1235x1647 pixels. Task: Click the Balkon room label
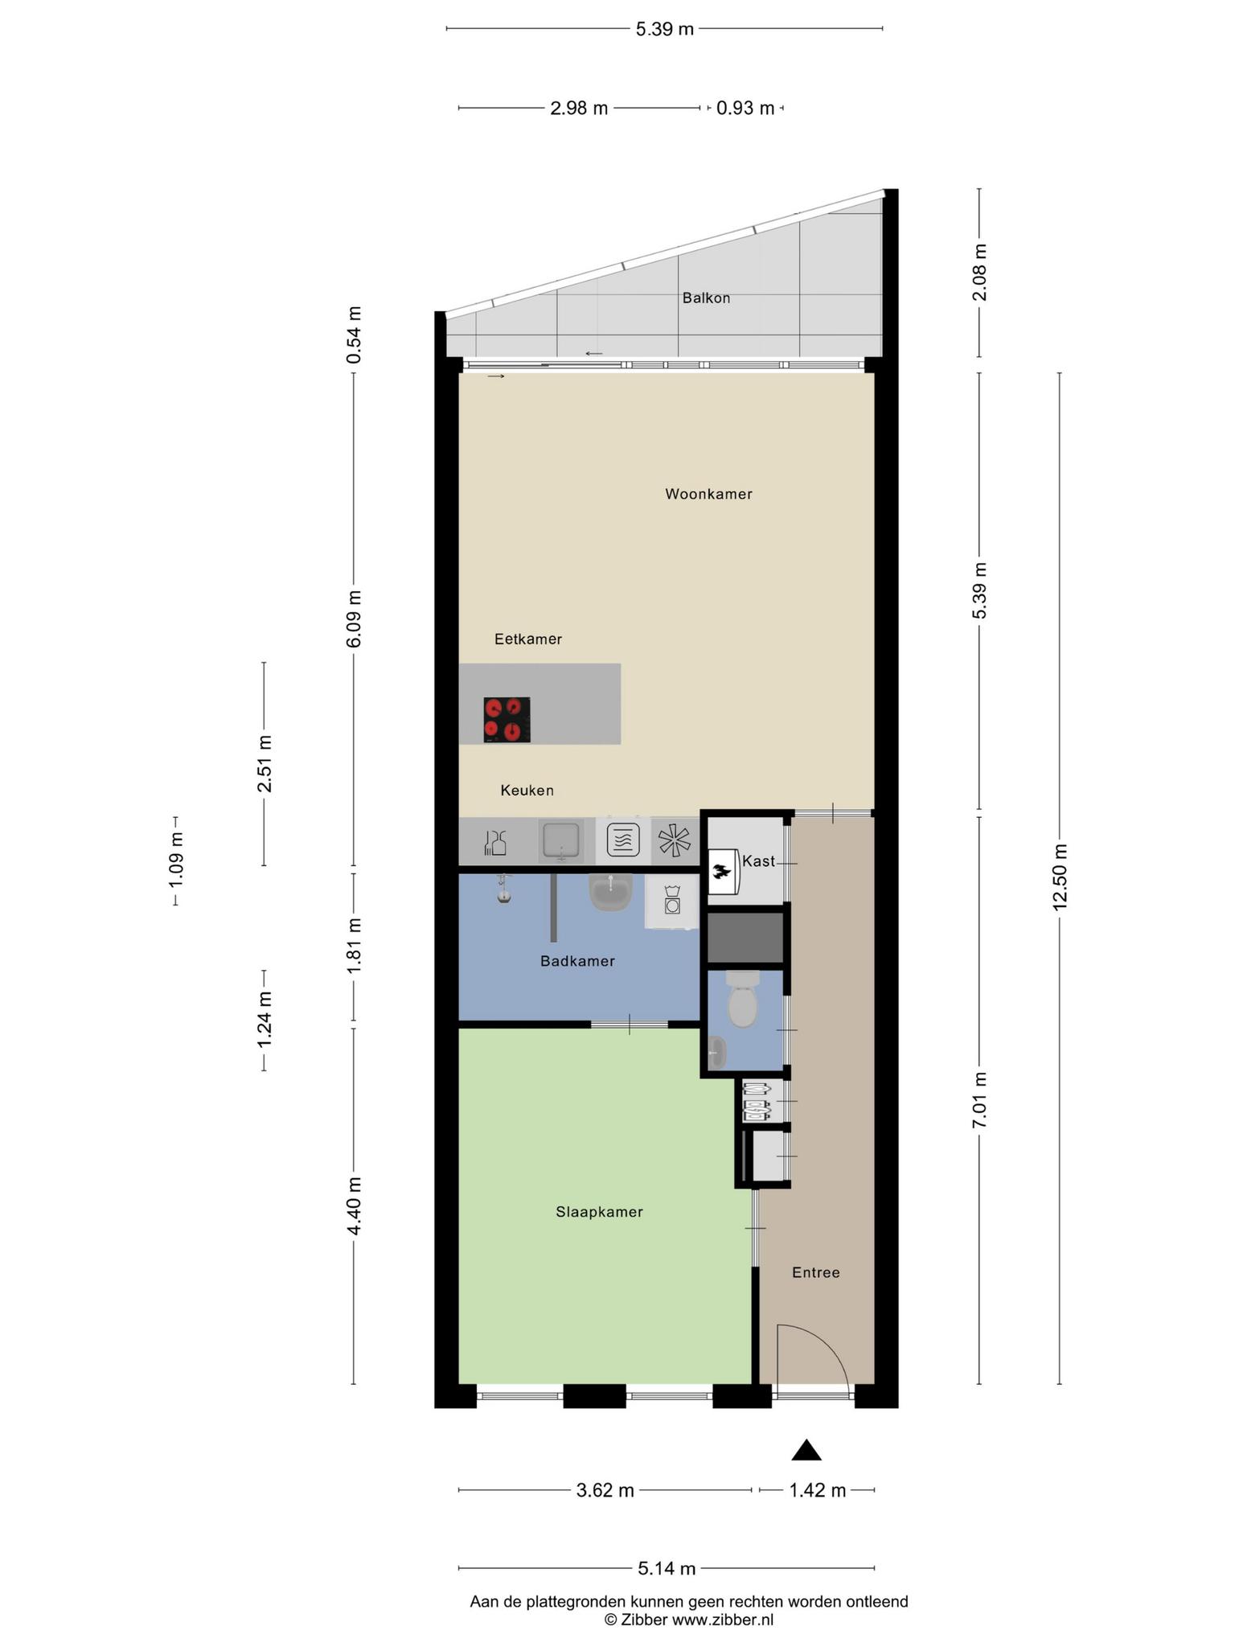coord(706,298)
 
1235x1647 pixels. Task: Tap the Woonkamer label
coord(708,494)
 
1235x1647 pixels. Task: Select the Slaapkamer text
coord(599,1212)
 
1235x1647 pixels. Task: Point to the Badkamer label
coord(577,961)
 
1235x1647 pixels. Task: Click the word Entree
coord(815,1272)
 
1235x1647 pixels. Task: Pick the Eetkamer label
coord(527,639)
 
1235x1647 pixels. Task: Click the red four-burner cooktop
coord(507,720)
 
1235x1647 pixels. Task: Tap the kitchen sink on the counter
coord(560,841)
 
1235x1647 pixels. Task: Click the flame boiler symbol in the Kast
coord(722,871)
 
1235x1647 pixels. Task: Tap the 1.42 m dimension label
coord(817,1490)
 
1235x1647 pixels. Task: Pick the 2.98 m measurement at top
coord(579,108)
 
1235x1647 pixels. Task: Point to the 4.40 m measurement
coord(354,1206)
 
